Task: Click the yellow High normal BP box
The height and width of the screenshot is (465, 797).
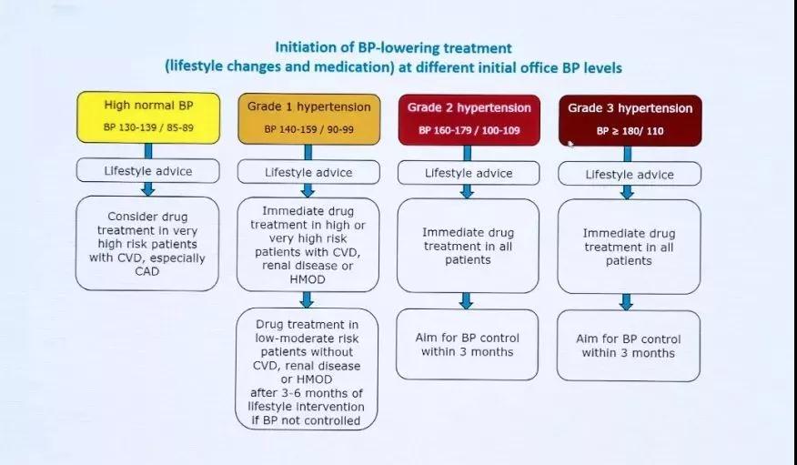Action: [x=148, y=117]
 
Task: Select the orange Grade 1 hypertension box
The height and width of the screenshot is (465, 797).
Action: [x=309, y=119]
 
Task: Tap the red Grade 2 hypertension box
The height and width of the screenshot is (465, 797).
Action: [x=469, y=120]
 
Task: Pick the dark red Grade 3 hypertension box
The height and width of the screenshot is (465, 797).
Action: [x=630, y=121]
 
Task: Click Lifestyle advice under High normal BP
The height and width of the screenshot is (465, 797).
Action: [x=148, y=171]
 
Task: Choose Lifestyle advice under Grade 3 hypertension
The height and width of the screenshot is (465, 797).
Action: [x=630, y=175]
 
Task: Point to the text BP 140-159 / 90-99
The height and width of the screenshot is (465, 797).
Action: [x=309, y=129]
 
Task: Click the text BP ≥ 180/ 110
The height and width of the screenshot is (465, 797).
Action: [x=630, y=131]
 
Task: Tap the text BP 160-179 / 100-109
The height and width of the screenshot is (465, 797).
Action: [x=469, y=131]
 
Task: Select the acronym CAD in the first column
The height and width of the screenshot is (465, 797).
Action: [x=146, y=271]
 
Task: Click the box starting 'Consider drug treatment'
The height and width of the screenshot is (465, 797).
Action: [x=147, y=244]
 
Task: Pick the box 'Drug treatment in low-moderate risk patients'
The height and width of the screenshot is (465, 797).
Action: [x=307, y=369]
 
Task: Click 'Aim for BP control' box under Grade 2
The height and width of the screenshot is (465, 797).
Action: [x=467, y=345]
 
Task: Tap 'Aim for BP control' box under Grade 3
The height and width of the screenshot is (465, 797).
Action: [x=629, y=346]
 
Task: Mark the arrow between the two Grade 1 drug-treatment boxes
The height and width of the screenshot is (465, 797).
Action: [x=307, y=299]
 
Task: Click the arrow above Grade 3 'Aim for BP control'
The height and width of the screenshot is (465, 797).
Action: [x=627, y=302]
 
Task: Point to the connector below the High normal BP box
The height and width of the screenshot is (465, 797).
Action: [x=148, y=151]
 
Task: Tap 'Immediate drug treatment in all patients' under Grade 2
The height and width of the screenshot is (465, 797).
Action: [x=468, y=246]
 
